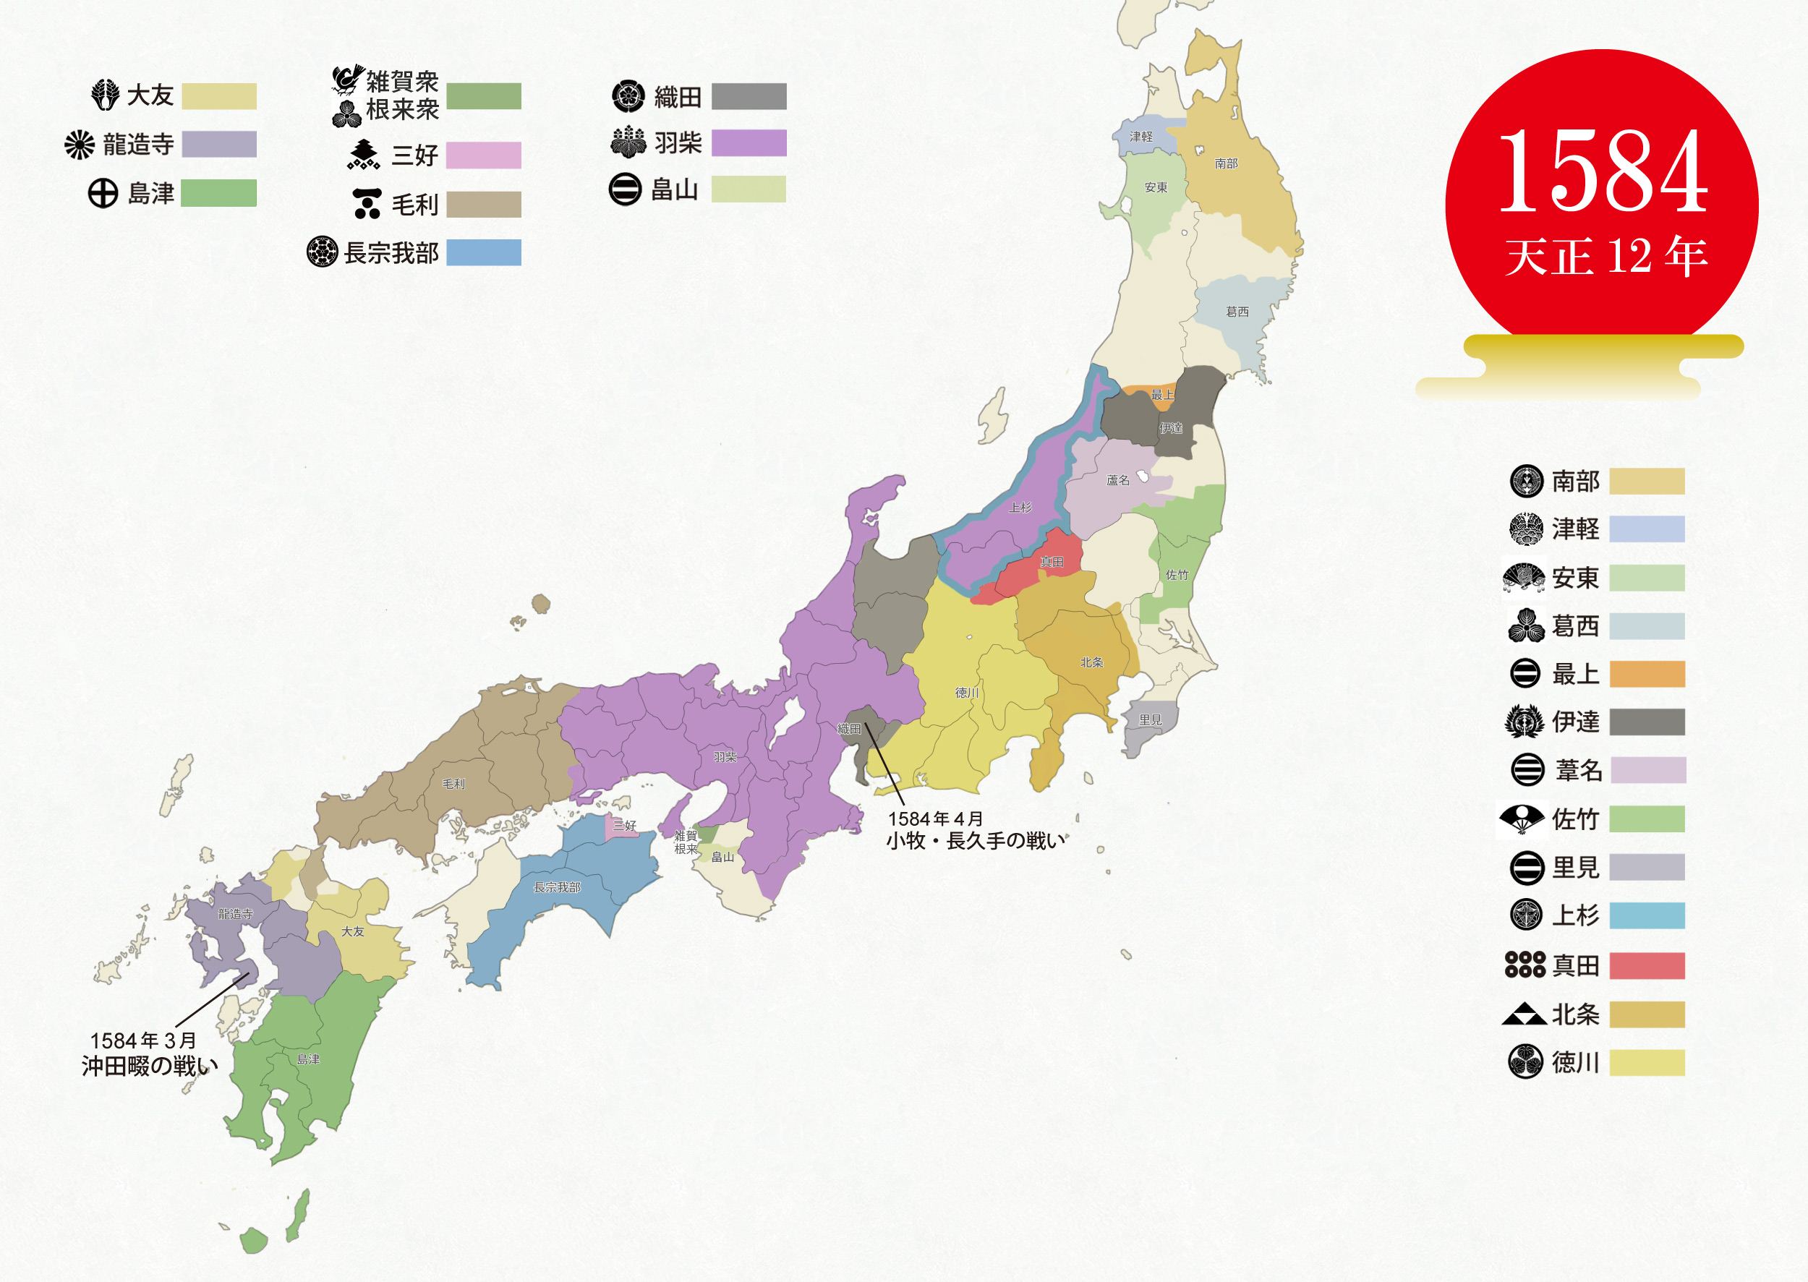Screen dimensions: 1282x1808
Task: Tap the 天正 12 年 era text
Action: [x=1606, y=257]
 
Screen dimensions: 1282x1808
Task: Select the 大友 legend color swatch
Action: [x=218, y=96]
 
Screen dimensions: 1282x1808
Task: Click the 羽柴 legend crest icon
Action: [x=628, y=143]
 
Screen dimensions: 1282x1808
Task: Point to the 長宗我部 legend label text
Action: [x=391, y=253]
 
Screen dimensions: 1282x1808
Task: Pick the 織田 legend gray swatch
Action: [x=749, y=96]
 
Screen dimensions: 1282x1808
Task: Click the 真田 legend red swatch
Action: [x=1646, y=965]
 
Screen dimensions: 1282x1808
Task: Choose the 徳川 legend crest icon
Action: [x=1525, y=1061]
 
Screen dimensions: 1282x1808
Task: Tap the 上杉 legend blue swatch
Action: [x=1646, y=915]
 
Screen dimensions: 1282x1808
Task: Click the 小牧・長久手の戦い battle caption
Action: [x=975, y=841]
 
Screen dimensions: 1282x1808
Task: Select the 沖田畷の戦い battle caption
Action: [x=148, y=1067]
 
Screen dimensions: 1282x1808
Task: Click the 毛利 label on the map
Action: [x=453, y=784]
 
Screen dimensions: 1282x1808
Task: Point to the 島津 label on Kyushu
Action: [x=308, y=1059]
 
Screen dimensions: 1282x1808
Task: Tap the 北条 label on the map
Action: [x=1092, y=662]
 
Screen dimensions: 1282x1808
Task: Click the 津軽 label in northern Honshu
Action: [x=1141, y=137]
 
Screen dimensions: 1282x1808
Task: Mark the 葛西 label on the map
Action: [x=1237, y=312]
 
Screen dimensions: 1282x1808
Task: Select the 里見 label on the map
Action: [x=1151, y=720]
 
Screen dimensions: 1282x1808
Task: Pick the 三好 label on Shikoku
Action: [x=625, y=826]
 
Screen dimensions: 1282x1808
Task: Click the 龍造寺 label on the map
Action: [x=235, y=914]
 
